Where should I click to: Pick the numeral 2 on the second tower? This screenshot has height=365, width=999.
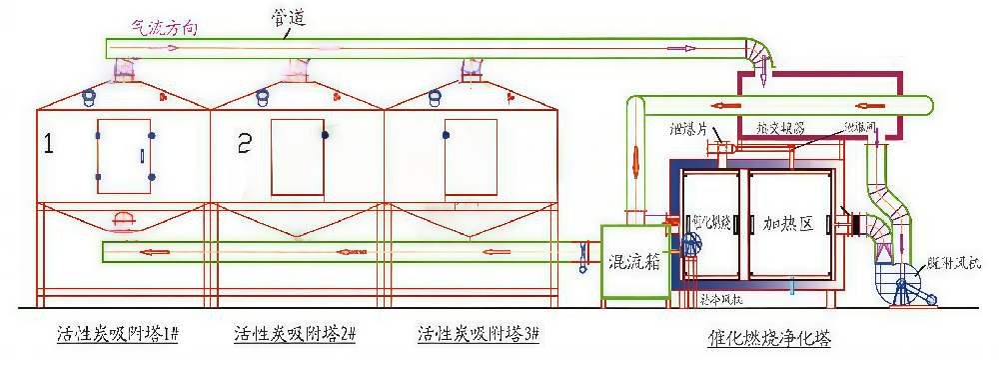click(x=244, y=145)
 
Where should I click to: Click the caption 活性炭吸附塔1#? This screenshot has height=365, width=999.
click(x=117, y=334)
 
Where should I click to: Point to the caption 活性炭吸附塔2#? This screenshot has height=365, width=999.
click(x=295, y=334)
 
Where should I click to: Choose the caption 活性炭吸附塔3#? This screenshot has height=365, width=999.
click(x=478, y=334)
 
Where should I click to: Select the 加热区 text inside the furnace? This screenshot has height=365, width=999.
click(x=789, y=224)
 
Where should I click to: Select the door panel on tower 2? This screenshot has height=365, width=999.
click(x=298, y=157)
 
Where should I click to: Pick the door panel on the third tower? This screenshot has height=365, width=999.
click(x=471, y=157)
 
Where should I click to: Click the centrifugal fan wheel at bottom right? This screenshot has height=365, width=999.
click(x=904, y=291)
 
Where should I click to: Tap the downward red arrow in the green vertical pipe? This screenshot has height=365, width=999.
click(x=635, y=158)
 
